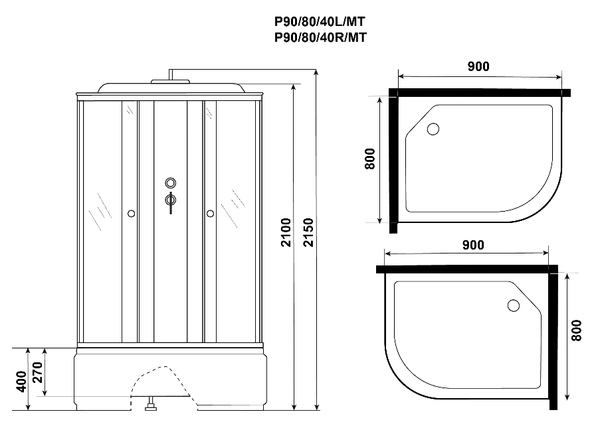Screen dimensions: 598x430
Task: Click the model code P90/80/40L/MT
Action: (320, 22)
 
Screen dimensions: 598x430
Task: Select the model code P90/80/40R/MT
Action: (320, 37)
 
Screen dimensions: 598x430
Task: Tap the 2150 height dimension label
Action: (308, 232)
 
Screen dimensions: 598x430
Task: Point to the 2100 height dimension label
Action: (286, 232)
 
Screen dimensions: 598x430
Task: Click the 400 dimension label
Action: (21, 382)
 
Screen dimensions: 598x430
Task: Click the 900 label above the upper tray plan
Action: (478, 66)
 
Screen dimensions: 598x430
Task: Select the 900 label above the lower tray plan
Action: (473, 245)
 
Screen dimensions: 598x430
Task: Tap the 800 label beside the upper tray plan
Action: (369, 159)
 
